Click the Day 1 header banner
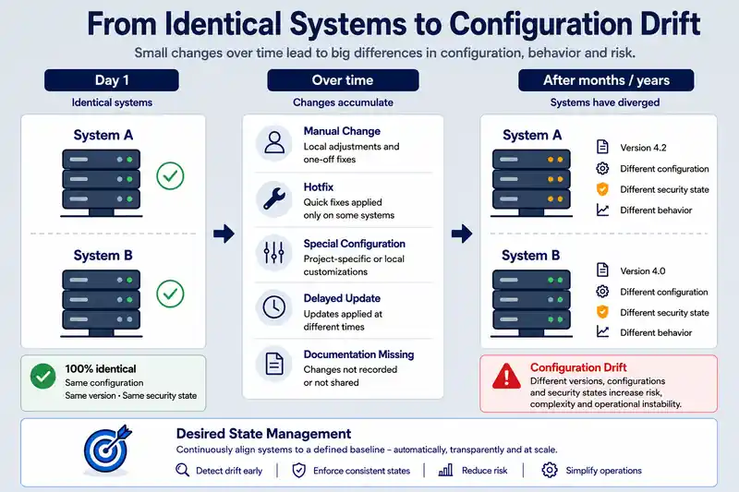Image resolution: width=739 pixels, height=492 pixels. coord(112,80)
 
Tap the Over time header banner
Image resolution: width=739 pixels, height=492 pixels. coord(343,80)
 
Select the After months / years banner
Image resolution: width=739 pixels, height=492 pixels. coord(606,80)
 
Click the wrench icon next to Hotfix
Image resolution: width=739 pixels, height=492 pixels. coord(273,198)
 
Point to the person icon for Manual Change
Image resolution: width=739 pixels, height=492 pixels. coord(273,143)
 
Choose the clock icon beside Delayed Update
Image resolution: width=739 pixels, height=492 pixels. coord(273,307)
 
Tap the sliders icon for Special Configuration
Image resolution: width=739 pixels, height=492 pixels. coord(273,252)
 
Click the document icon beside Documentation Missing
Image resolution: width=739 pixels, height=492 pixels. coord(273,364)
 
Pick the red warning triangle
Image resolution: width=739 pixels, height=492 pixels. coord(506,377)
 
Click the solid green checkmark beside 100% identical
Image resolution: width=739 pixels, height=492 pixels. coord(42,377)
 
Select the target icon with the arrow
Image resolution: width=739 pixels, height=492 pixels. coord(107,450)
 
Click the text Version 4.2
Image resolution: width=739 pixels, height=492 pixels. coord(643,148)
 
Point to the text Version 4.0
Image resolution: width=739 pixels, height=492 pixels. coord(642,271)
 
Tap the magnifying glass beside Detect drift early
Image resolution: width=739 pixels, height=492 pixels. coord(182,470)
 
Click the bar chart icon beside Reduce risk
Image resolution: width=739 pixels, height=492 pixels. coord(445,470)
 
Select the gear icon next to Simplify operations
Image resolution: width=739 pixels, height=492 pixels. coord(549,470)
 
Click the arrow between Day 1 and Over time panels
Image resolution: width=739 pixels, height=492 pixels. coord(224,234)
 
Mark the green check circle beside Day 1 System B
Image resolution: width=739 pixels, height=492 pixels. coord(170,294)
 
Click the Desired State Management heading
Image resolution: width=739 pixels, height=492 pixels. coord(263,434)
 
